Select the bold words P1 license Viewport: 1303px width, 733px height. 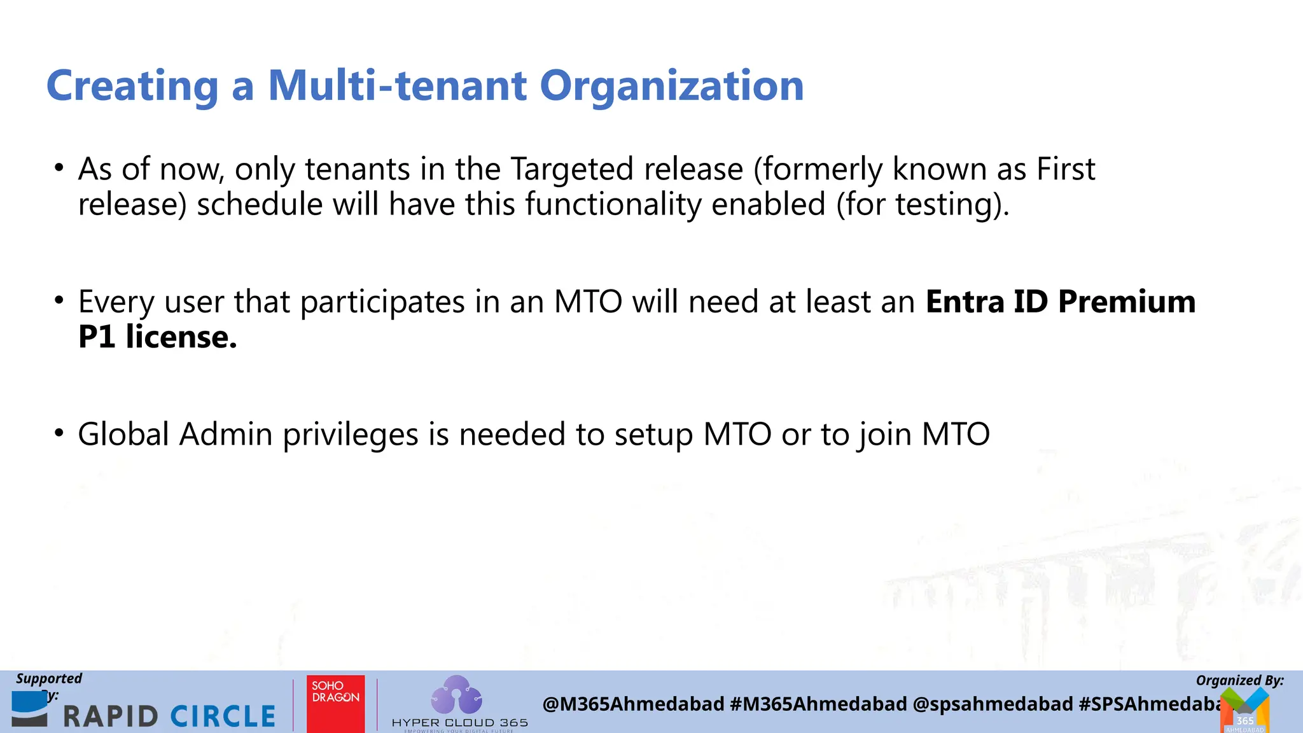pos(157,337)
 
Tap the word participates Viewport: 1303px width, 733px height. pos(382,302)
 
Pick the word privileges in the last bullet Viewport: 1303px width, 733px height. pos(350,435)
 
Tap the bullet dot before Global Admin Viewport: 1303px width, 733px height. pos(59,433)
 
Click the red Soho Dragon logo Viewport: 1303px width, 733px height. pos(335,703)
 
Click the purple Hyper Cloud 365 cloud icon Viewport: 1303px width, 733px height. pos(456,695)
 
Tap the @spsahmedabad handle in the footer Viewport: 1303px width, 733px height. pos(992,704)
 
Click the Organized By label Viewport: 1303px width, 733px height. pos(1239,680)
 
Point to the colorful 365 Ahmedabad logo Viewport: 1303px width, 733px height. pos(1245,711)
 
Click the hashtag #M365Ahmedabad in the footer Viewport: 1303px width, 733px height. pos(818,704)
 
